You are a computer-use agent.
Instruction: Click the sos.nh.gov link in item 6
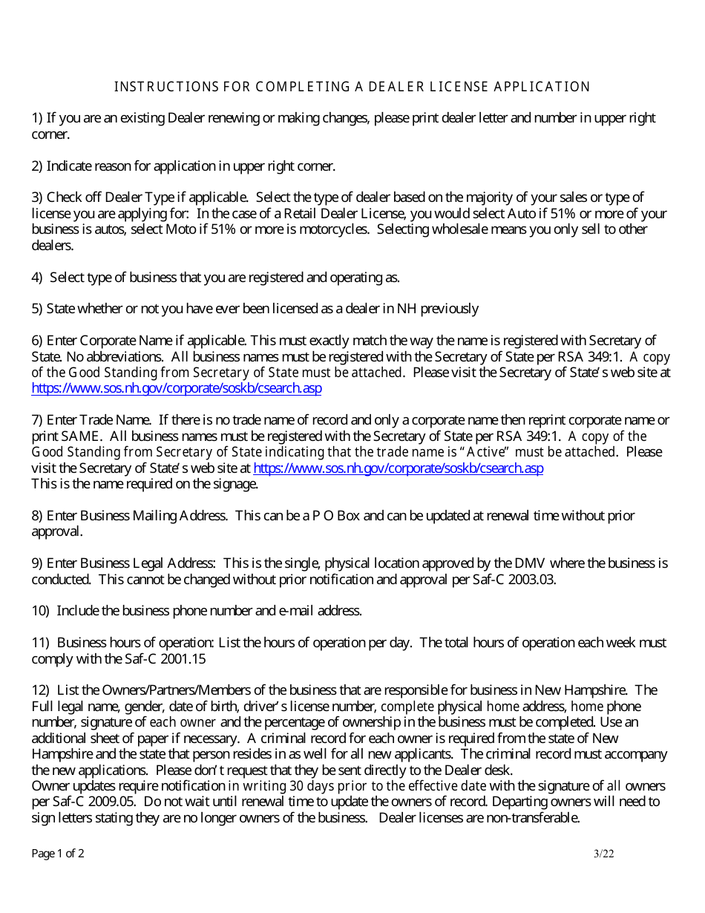tap(177, 388)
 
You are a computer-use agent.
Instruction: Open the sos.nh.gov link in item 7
tap(399, 468)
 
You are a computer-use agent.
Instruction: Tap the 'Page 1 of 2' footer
tap(58, 854)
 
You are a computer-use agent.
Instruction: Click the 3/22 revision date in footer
tap(604, 854)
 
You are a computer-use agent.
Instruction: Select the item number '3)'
tap(37, 197)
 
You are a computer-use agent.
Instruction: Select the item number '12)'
tap(41, 690)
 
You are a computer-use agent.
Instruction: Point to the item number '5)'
tap(37, 309)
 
